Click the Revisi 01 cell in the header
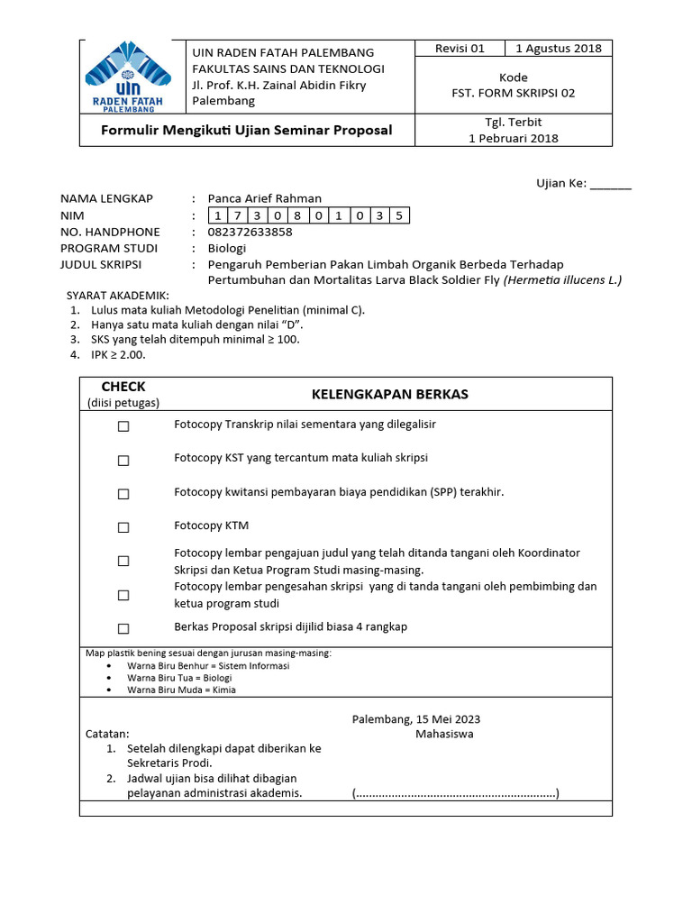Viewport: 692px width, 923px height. point(460,49)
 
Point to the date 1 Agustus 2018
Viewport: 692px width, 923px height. point(558,49)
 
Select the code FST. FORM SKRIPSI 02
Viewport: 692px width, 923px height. point(513,92)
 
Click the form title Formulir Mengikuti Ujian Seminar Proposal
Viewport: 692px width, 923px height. point(247,130)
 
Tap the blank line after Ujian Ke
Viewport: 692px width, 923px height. point(611,184)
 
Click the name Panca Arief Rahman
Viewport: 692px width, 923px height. point(264,198)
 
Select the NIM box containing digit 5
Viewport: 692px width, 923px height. point(399,215)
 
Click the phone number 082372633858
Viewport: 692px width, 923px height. point(250,232)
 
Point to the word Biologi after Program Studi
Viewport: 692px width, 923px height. point(226,248)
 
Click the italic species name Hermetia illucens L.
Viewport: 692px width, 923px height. point(563,280)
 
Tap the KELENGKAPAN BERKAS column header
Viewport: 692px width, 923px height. point(389,394)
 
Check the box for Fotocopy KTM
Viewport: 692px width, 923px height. point(123,527)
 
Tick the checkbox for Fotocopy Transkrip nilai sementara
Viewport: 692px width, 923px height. point(123,426)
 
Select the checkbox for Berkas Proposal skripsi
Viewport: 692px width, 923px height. point(123,628)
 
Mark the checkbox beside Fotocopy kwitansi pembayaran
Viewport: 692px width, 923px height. point(123,494)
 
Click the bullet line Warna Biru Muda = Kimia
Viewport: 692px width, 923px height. point(181,690)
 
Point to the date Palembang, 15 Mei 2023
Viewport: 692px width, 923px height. point(415,719)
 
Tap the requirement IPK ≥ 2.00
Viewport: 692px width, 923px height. point(118,355)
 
